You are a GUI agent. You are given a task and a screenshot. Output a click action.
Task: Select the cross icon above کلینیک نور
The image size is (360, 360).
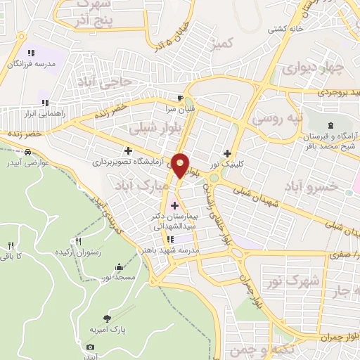(226, 153)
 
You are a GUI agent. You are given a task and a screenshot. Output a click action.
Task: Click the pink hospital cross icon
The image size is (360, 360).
(174, 205)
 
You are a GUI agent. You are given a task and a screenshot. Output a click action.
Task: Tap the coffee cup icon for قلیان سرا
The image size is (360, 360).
(181, 98)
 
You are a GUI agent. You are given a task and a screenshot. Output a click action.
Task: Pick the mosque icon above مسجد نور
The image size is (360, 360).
(117, 268)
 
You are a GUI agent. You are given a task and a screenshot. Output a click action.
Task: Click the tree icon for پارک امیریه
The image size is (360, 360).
(107, 318)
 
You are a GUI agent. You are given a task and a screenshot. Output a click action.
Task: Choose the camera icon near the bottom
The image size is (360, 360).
(90, 347)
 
